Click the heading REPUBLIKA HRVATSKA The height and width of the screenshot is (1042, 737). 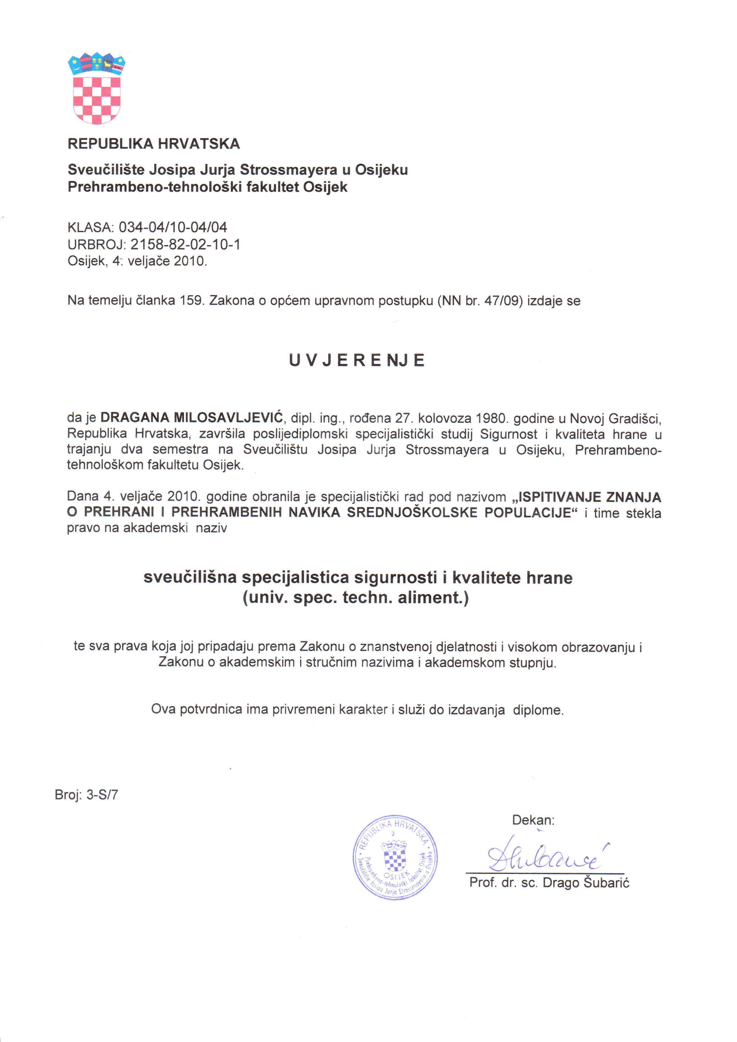point(154,144)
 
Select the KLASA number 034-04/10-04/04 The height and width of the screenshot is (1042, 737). point(173,227)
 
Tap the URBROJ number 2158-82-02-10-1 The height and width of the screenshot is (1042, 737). point(185,245)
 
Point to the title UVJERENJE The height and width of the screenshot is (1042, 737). point(357,360)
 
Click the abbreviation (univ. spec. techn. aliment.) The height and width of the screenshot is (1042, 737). point(355,597)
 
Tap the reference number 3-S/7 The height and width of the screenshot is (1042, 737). point(102,795)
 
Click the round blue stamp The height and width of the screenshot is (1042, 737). point(395,857)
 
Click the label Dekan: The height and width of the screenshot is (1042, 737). point(533,820)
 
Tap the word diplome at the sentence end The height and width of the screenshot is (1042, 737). point(538,710)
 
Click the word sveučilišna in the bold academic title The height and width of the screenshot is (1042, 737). point(190,577)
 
